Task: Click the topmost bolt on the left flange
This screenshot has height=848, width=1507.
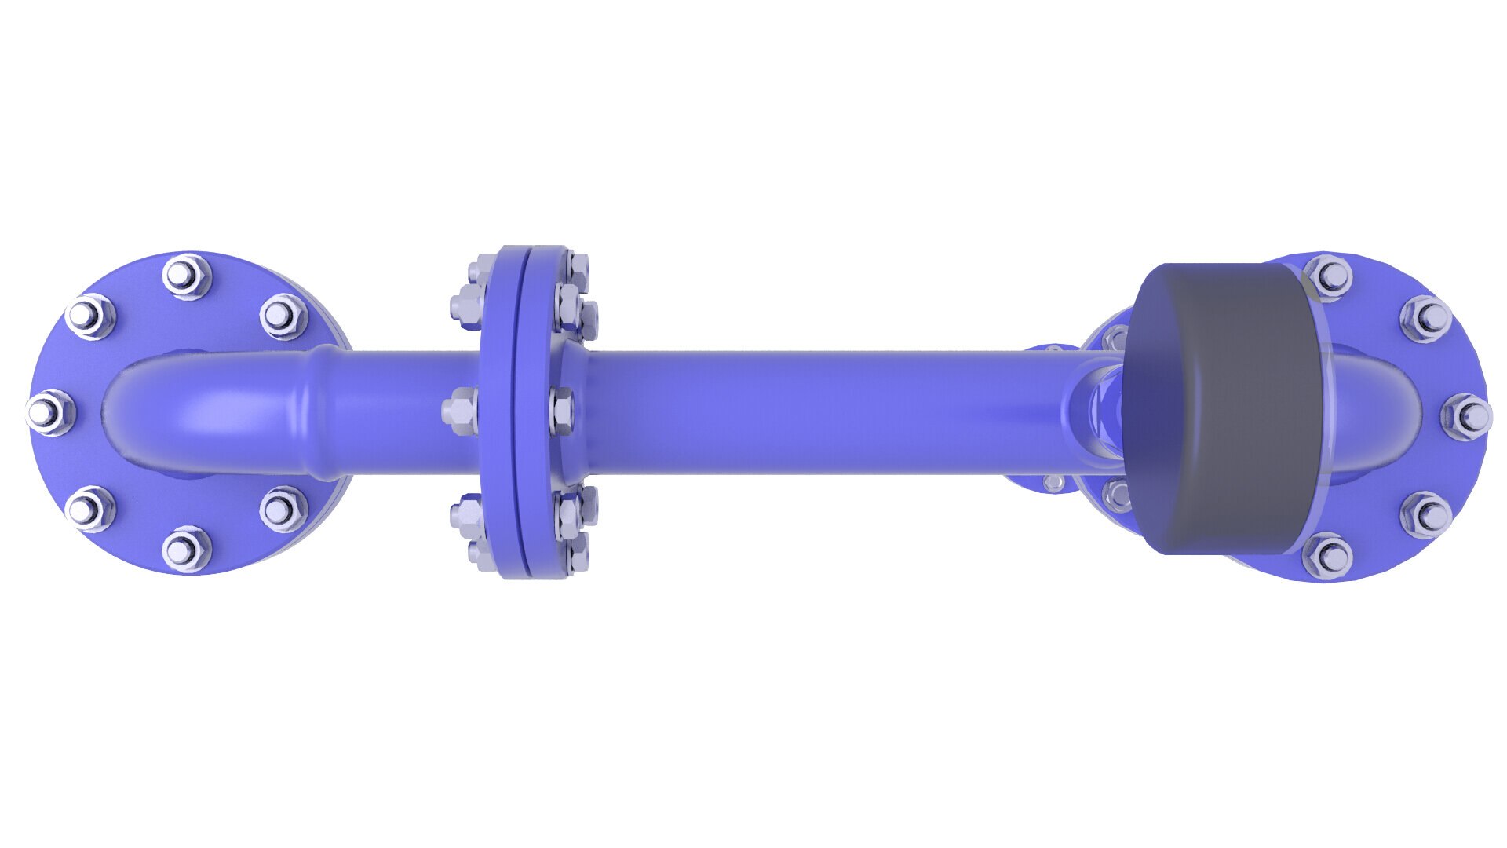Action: [x=186, y=276]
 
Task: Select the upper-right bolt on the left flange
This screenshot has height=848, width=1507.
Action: [x=282, y=315]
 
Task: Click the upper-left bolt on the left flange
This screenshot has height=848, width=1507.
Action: [x=90, y=316]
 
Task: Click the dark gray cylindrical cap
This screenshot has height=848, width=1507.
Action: [x=1224, y=408]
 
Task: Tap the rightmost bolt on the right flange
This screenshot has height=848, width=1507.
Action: [x=1466, y=416]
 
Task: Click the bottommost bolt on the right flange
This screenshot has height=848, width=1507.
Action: [x=1327, y=555]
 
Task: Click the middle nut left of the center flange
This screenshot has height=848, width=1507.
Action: [x=461, y=411]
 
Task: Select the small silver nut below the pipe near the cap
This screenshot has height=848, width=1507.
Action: [x=1053, y=482]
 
